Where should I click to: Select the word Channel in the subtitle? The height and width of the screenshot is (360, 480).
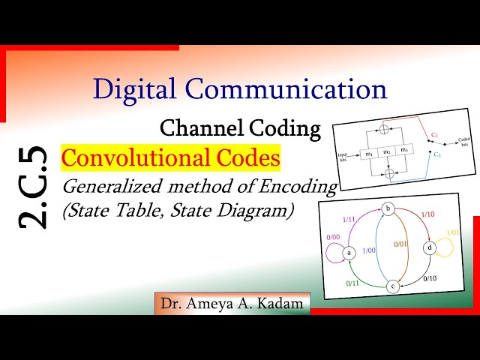click(196, 128)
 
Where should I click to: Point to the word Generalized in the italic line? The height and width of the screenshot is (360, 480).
click(112, 186)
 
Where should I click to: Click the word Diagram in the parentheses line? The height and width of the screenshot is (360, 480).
click(260, 211)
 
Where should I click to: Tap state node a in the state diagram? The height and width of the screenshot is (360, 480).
click(349, 253)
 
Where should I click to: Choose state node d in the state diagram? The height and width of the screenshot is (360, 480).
click(429, 247)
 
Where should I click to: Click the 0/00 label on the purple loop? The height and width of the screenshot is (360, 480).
click(333, 237)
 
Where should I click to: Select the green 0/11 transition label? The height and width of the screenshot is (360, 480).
click(352, 283)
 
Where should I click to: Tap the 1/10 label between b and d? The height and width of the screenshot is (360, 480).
click(427, 214)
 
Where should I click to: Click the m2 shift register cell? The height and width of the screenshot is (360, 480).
click(385, 153)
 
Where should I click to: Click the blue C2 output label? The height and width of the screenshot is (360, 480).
click(436, 154)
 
